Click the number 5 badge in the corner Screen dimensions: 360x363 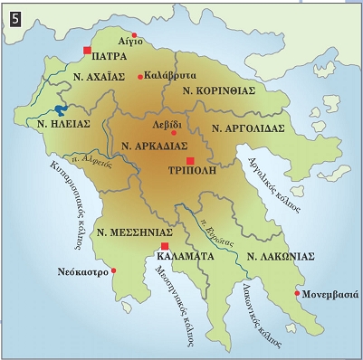[x=13, y=14]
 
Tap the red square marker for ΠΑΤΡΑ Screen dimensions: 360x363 [x=87, y=50]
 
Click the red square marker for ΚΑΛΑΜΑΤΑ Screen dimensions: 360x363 [x=165, y=245]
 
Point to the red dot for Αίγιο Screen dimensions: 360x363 [x=135, y=34]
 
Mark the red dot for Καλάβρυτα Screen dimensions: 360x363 [x=139, y=77]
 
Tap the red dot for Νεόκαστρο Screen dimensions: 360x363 [x=114, y=270]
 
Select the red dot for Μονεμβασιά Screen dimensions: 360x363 [x=297, y=293]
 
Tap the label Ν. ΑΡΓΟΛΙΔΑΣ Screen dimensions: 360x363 [x=248, y=128]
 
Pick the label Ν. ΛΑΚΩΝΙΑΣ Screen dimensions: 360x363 [x=281, y=256]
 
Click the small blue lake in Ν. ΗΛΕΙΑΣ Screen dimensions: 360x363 [x=61, y=110]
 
